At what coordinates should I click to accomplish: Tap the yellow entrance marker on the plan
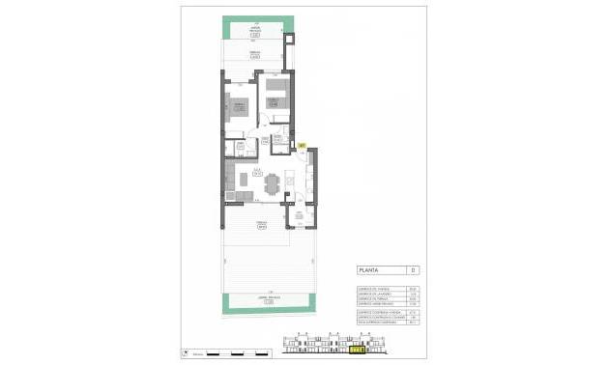click(x=301, y=146)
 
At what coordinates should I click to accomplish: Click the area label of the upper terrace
click(x=255, y=54)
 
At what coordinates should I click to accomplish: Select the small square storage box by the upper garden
click(x=290, y=40)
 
